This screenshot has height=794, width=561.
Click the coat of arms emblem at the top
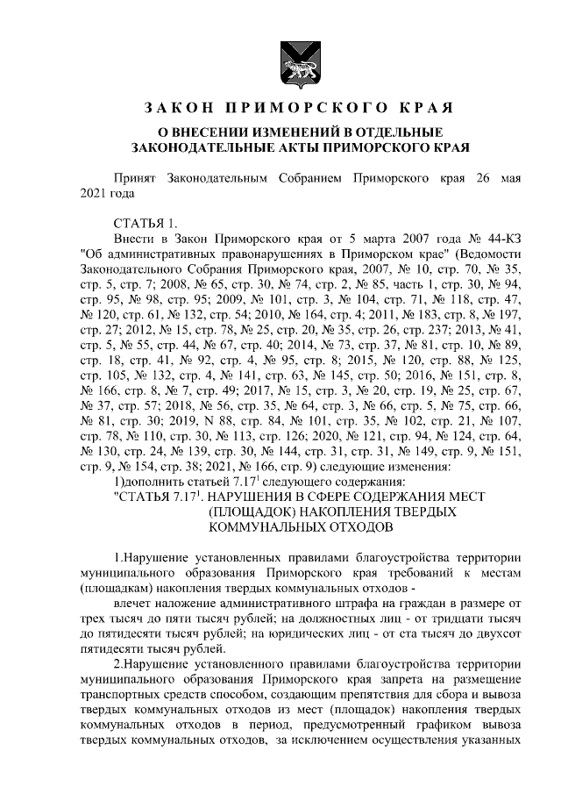(x=280, y=59)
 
